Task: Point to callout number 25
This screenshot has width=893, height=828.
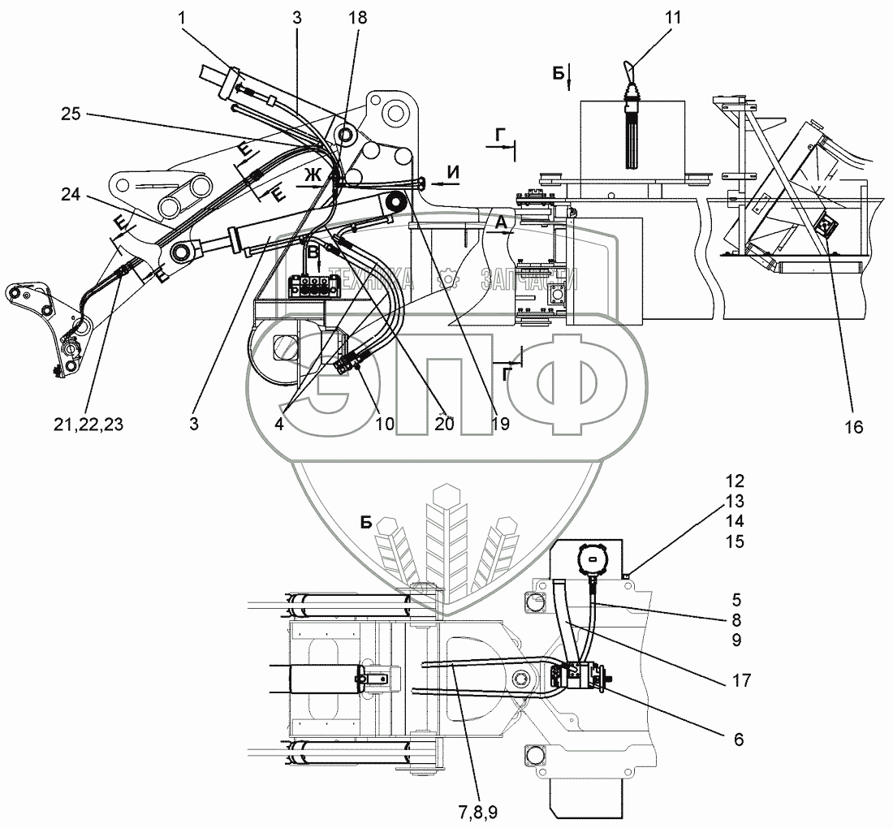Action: [71, 114]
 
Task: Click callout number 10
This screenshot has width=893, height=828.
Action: [385, 424]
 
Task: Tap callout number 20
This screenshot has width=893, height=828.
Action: [444, 424]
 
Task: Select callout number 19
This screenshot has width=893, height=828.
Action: [500, 424]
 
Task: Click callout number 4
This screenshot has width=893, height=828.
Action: [278, 424]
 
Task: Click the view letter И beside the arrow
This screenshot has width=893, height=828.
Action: [454, 172]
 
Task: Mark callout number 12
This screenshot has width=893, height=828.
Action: [735, 481]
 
